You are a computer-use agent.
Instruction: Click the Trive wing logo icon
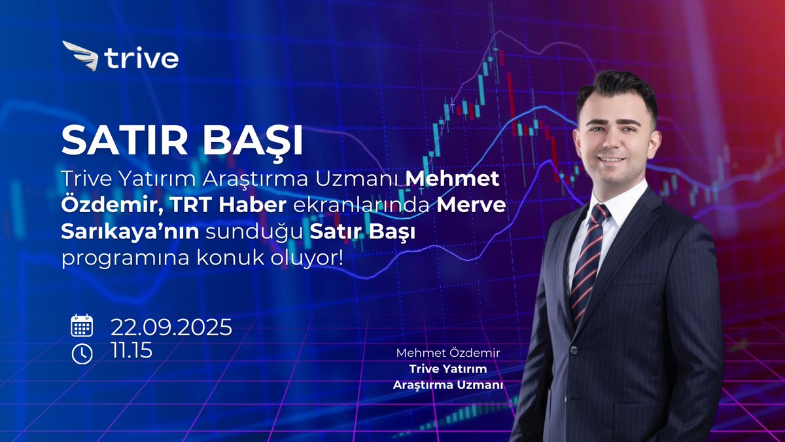click(80, 56)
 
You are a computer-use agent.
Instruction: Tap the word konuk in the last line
click(222, 258)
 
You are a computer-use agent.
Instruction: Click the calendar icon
click(82, 325)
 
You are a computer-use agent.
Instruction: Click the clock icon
click(82, 353)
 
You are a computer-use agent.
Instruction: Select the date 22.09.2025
click(171, 326)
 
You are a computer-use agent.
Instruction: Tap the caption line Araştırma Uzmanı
click(448, 385)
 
